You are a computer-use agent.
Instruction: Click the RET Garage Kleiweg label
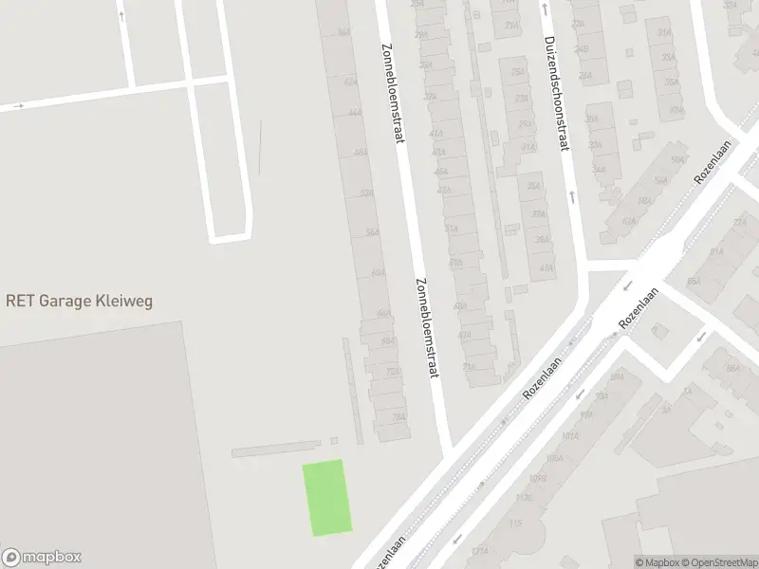tap(79, 302)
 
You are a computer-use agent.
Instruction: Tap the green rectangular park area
tap(327, 498)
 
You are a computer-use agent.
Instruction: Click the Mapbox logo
tap(42, 558)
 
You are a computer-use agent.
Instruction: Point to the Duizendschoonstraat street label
tap(556, 94)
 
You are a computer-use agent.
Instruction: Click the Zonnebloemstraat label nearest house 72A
tap(427, 328)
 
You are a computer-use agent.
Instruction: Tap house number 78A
tap(398, 417)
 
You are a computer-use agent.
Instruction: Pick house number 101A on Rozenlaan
tap(569, 437)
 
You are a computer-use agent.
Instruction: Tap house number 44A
tap(355, 112)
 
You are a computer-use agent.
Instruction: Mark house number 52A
tap(366, 193)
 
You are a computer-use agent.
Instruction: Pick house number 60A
tap(379, 273)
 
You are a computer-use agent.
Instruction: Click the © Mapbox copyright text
tap(657, 562)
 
